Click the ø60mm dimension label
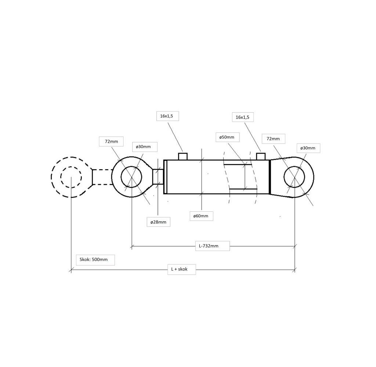(201, 216)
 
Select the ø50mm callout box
(227, 137)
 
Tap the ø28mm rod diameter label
(159, 222)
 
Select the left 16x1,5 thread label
(167, 116)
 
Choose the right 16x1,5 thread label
(243, 117)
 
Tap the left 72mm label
(111, 141)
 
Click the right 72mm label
(273, 139)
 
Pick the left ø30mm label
(145, 147)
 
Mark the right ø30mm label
(308, 148)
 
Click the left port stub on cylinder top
(183, 157)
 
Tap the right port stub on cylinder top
(261, 157)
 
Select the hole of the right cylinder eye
(294, 177)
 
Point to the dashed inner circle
(71, 177)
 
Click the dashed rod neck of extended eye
(102, 177)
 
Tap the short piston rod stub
(158, 177)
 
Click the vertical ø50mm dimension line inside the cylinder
(245, 177)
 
